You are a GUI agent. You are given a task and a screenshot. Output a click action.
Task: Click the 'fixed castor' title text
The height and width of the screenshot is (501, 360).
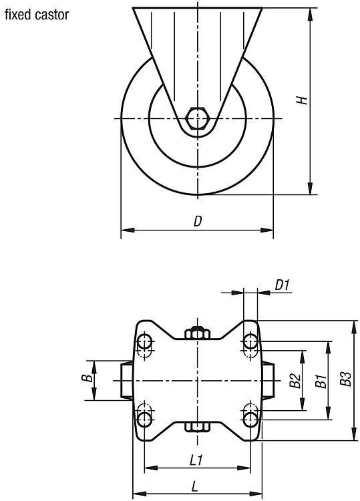point(37,15)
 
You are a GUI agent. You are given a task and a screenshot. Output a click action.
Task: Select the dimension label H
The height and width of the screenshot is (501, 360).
point(302,100)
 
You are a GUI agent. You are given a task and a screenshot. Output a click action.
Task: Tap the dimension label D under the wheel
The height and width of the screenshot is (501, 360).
point(198,221)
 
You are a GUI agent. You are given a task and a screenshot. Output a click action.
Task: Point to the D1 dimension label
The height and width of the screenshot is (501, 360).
point(282,285)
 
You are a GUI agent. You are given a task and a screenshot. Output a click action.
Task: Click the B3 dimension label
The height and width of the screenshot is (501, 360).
point(345,379)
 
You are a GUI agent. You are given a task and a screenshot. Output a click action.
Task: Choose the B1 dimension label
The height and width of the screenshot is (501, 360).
point(321,381)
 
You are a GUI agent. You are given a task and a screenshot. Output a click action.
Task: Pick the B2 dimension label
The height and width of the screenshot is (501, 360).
point(295,380)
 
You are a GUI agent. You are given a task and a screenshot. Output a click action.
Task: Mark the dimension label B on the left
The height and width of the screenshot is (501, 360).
point(87,378)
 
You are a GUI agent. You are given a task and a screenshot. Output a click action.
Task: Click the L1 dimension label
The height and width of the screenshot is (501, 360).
point(196,460)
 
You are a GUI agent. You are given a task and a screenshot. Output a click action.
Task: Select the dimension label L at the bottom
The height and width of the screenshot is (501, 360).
point(194,487)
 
